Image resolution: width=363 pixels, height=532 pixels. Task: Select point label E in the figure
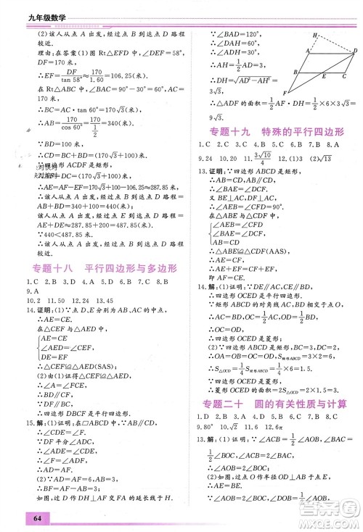(x=325, y=76)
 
